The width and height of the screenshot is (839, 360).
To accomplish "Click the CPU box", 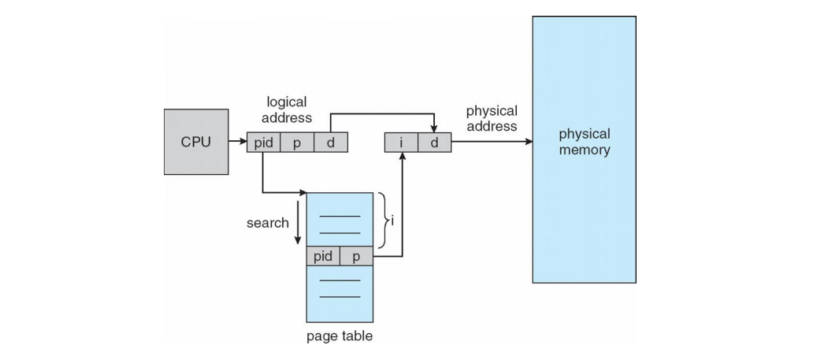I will [195, 143].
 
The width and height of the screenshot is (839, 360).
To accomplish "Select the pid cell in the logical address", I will [264, 143].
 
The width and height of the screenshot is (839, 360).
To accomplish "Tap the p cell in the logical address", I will [297, 143].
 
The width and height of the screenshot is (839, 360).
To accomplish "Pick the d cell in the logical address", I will [331, 143].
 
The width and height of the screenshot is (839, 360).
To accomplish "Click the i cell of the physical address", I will [401, 143].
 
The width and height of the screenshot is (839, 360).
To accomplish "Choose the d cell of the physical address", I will [434, 143].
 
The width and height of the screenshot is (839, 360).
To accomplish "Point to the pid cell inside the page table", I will [323, 257].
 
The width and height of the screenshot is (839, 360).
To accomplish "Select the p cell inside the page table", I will [356, 257].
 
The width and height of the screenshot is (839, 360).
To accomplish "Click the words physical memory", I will [584, 142].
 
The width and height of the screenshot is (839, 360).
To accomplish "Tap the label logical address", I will [286, 109].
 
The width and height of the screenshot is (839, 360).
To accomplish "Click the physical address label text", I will [492, 118].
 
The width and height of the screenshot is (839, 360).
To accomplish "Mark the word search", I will [267, 223].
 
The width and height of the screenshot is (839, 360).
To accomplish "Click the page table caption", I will [339, 337].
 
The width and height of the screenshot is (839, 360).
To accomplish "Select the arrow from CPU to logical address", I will [236, 143].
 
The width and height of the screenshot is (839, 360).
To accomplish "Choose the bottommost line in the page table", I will [339, 297].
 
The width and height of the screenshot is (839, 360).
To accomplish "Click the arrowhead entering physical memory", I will [527, 143].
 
